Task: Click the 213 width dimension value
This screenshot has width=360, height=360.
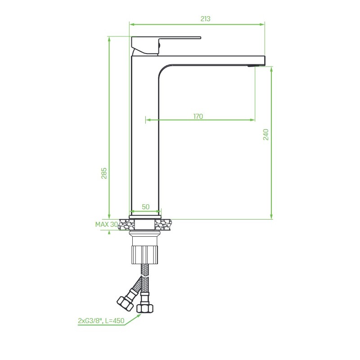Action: point(205,18)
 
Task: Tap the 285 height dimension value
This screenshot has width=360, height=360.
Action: point(104,173)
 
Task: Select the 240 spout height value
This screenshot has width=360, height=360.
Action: point(265,135)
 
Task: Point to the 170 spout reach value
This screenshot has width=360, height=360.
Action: point(198,117)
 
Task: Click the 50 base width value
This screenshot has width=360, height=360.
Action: point(145,207)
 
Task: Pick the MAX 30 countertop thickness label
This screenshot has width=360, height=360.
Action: point(107,224)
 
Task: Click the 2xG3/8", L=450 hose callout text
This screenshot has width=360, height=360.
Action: point(101,320)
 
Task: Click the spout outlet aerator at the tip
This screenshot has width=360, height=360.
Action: point(252,66)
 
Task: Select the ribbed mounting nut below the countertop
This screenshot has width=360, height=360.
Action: point(145,255)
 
